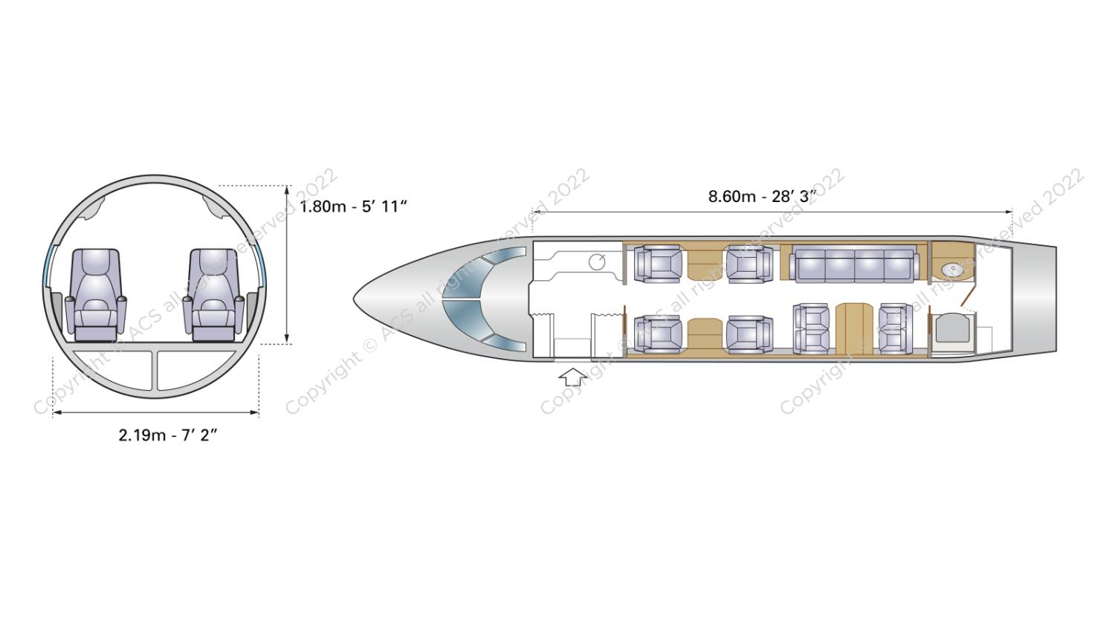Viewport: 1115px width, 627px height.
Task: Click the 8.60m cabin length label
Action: click(x=761, y=196)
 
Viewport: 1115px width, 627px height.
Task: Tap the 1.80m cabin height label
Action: click(x=353, y=207)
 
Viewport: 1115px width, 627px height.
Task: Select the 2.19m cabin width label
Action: click(x=167, y=435)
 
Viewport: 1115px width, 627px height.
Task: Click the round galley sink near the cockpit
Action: click(x=597, y=261)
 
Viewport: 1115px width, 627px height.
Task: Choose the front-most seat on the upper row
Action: click(x=658, y=264)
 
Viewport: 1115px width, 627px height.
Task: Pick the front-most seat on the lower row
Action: click(x=658, y=333)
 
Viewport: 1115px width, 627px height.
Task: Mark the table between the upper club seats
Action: click(x=704, y=264)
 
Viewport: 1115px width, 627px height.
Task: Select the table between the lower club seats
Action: click(x=704, y=334)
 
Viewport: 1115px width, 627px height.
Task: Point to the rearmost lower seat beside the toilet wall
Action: click(x=895, y=328)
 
